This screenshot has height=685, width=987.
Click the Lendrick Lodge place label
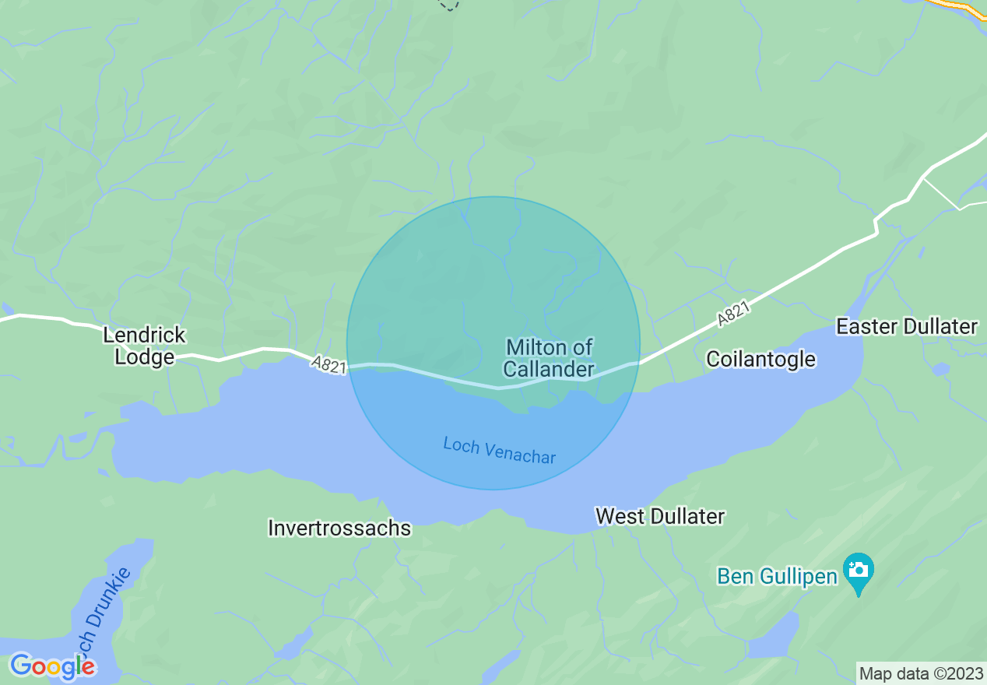145,346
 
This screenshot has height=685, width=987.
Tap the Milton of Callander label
549,358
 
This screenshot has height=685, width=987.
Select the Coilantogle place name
760,359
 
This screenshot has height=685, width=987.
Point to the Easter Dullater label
906,326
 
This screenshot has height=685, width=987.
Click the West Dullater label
659,516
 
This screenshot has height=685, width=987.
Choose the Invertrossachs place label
339,528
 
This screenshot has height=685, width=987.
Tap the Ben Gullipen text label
777,576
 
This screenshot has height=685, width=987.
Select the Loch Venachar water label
500,451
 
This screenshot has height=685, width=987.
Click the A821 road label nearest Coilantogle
733,314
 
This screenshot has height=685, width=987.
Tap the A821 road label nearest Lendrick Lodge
328,365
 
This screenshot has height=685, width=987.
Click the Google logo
52,666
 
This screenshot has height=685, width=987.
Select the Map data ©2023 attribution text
920,673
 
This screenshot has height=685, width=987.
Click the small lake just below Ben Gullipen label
774,634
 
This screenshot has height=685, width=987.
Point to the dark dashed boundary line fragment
449,5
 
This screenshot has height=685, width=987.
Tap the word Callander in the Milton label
549,369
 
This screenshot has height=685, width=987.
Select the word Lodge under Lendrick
145,357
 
